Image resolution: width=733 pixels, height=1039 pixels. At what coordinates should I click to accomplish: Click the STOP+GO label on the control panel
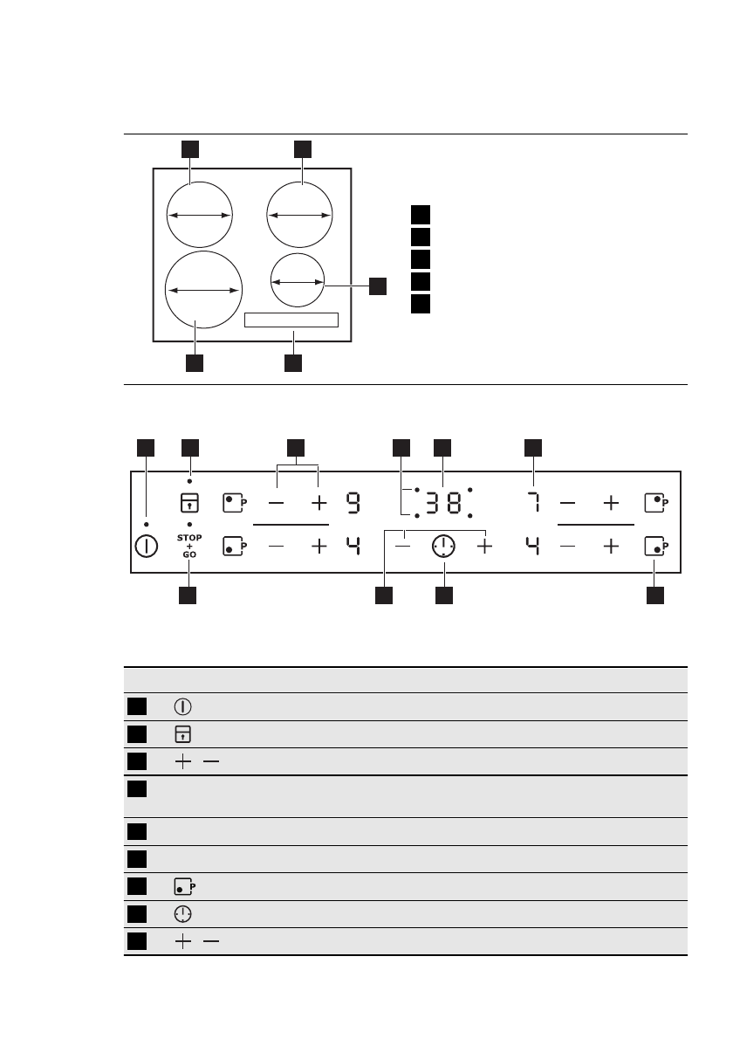[x=189, y=545]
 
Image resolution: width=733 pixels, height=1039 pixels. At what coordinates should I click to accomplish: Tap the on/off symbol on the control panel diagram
[x=147, y=547]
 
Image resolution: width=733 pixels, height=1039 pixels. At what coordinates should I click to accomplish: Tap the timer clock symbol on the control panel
[x=443, y=547]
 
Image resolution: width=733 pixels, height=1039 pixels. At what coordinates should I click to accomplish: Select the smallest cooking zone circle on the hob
[x=297, y=282]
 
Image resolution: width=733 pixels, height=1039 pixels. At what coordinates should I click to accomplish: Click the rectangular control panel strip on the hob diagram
[x=291, y=320]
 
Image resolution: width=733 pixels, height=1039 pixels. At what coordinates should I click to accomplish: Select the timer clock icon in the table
[x=184, y=914]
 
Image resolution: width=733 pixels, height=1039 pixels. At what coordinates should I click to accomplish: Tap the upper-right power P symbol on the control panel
[x=654, y=503]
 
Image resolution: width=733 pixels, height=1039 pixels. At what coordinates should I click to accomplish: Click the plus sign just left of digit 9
[x=318, y=503]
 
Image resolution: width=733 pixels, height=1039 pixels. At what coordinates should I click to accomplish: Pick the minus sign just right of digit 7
[x=568, y=503]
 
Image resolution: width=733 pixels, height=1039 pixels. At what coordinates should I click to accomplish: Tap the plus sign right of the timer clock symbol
[x=484, y=547]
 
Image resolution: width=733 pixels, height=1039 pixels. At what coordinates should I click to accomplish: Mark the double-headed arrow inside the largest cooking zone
[x=203, y=290]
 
